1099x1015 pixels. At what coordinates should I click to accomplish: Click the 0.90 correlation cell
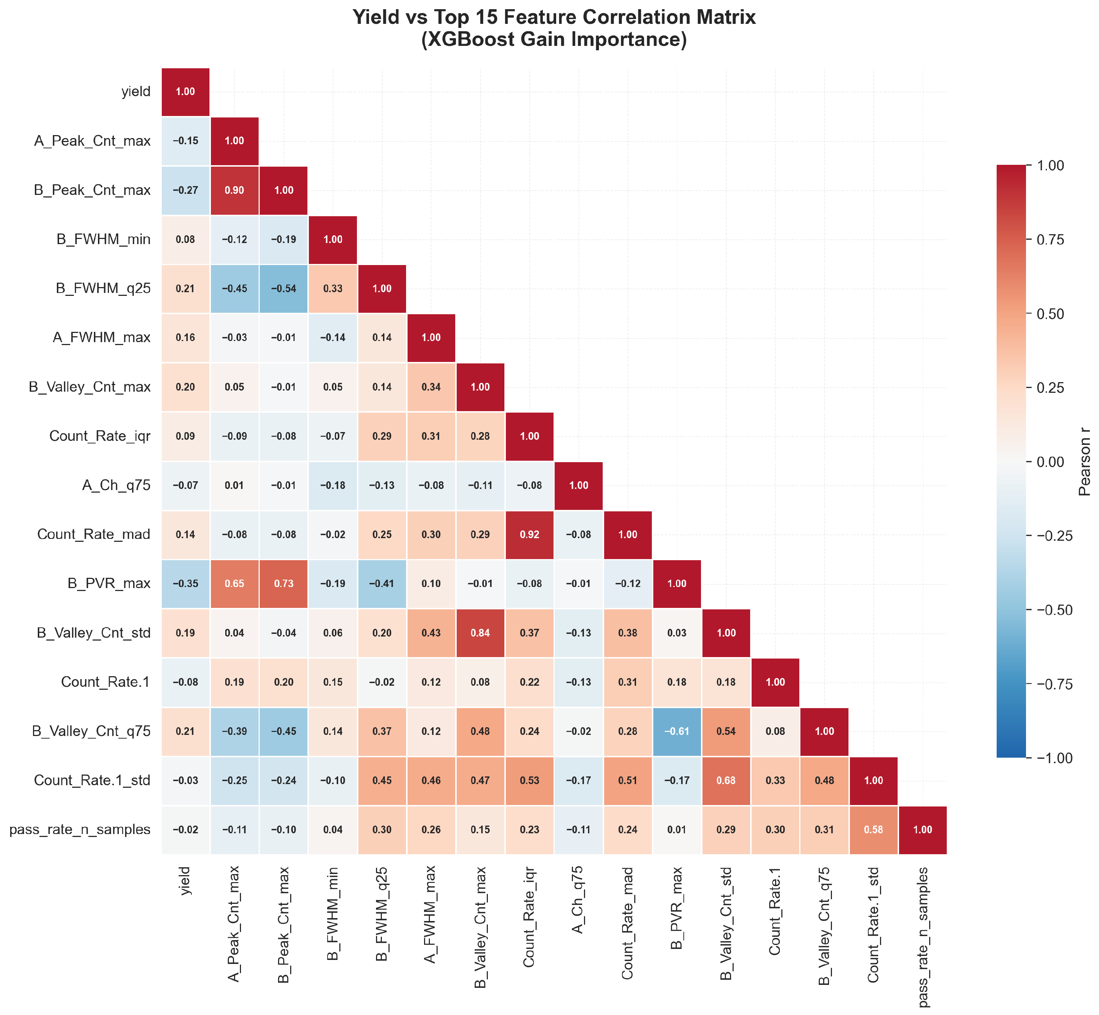pos(234,190)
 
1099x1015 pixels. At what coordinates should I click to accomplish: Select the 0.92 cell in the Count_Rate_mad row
pos(529,534)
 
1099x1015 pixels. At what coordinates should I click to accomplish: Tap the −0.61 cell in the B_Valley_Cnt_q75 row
pos(677,732)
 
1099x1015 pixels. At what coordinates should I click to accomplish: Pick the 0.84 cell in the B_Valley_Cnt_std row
pos(480,633)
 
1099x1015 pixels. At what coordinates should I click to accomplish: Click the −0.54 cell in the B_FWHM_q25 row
pos(284,289)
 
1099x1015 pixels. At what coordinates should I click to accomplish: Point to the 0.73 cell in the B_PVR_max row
pos(284,584)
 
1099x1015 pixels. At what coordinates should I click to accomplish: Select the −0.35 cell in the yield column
pos(186,584)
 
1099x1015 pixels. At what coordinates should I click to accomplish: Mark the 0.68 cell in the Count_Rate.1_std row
pos(726,780)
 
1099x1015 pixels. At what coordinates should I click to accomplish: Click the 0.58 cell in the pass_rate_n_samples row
pos(873,830)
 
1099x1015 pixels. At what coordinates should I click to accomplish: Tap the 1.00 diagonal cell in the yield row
pos(186,92)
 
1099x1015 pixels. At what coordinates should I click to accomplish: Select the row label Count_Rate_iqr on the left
pos(100,436)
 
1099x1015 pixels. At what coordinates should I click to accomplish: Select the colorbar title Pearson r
pos(1084,462)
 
